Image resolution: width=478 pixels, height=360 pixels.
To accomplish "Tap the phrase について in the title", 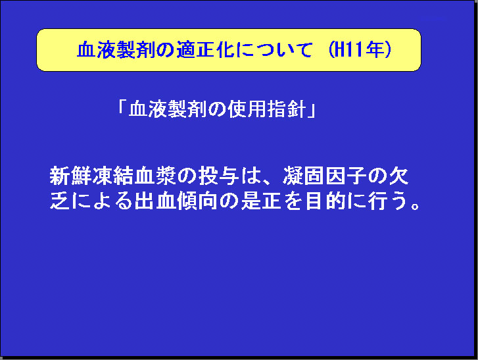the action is click(274, 50).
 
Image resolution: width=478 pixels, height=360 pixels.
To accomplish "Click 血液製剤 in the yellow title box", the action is click(116, 49).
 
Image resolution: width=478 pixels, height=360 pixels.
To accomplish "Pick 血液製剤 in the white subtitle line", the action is click(168, 109).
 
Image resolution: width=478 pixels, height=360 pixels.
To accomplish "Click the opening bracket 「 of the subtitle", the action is click(122, 107).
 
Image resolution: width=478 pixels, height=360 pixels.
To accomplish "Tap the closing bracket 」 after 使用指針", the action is click(312, 111).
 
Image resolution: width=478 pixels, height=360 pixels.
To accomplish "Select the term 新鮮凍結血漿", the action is click(113, 176).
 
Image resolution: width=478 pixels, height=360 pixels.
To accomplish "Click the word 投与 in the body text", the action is click(218, 176).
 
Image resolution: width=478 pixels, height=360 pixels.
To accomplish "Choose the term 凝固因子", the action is click(325, 176).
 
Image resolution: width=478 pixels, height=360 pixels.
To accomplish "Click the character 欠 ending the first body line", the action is click(398, 176).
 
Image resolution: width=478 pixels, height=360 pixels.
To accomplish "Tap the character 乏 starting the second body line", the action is click(59, 201).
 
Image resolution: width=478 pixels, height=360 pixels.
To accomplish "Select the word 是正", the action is click(260, 201).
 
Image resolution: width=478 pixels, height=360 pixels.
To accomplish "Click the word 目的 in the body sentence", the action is click(325, 201).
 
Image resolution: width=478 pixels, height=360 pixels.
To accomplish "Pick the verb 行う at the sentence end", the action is click(388, 201).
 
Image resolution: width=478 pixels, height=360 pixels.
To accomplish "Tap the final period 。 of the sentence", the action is click(415, 205).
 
